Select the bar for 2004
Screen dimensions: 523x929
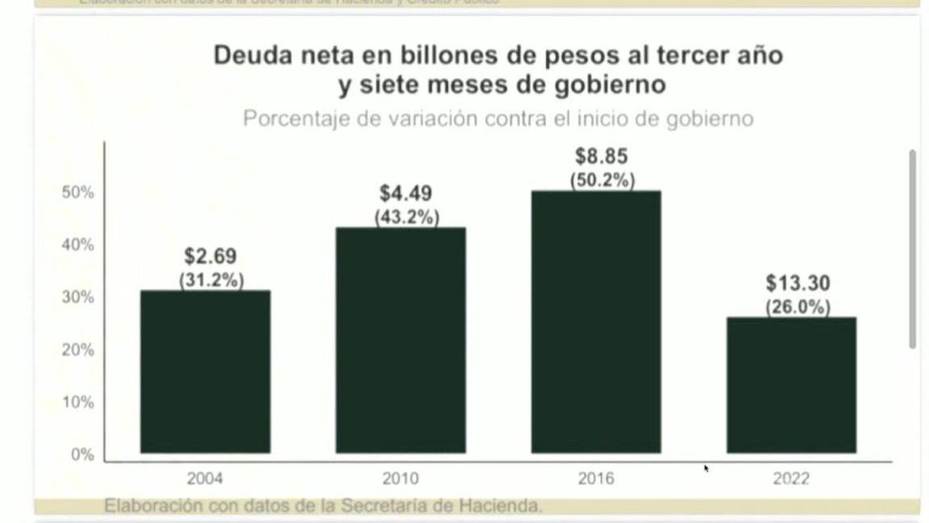click(205, 371)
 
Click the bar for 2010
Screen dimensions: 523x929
click(401, 340)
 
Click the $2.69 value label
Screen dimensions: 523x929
click(210, 257)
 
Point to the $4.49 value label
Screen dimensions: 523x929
click(406, 194)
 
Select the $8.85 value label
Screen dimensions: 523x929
click(602, 156)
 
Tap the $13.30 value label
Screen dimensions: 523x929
click(798, 283)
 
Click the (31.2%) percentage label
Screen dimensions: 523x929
click(211, 280)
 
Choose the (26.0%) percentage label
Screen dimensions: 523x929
click(798, 308)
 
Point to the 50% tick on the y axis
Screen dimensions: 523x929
click(78, 193)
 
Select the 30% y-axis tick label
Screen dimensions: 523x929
click(78, 297)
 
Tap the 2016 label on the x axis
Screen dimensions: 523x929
click(596, 479)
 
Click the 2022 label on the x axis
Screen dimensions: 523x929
click(791, 479)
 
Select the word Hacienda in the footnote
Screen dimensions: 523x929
click(501, 506)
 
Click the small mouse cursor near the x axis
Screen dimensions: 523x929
click(706, 468)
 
